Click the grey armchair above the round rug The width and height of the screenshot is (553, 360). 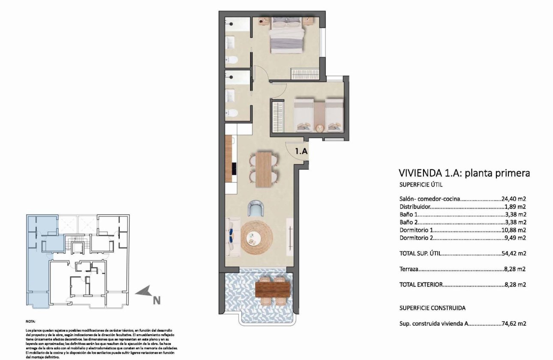256,210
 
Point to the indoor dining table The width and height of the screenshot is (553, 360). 264,169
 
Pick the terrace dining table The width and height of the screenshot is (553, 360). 272,288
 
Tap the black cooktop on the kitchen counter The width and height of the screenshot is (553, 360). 234,168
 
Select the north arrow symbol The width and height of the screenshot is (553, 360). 144,292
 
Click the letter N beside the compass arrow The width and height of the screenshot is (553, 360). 157,301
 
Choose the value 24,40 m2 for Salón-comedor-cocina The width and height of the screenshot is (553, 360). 514,198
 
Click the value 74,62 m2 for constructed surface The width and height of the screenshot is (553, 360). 514,324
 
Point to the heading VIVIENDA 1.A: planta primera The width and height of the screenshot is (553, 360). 464,173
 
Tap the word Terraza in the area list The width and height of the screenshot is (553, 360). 409,269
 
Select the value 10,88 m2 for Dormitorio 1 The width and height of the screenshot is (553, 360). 514,230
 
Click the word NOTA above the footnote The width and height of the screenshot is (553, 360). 31,321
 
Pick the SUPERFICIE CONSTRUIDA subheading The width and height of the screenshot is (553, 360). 432,308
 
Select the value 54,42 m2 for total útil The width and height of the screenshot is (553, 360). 514,253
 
